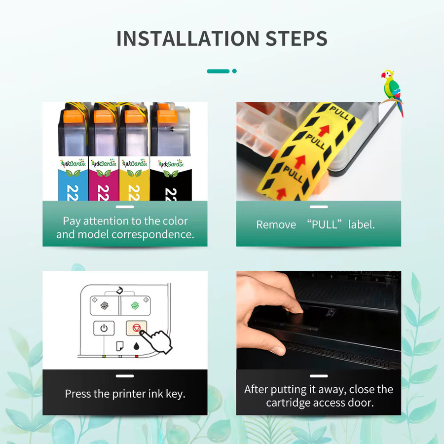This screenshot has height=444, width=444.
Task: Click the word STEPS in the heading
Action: coord(296,38)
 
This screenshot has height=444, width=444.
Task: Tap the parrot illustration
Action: coord(392,92)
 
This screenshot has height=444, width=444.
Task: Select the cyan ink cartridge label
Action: coord(73,179)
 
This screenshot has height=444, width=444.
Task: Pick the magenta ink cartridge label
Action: coord(104,179)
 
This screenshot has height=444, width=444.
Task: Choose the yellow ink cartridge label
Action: coord(134,179)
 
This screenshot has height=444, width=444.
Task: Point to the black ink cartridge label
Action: coord(171,179)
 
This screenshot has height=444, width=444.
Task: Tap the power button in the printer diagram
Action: coord(104,328)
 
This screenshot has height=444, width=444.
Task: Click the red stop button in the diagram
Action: coord(136,328)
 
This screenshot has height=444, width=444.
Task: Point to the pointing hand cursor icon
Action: coord(156,341)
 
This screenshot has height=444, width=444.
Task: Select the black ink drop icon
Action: coord(137,346)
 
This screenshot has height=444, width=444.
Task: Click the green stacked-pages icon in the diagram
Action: coord(135,305)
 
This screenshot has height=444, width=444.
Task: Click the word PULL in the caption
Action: coord(325,225)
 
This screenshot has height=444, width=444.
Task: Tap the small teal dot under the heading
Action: coord(234,71)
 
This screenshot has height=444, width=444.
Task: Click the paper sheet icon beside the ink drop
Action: coord(120,346)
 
